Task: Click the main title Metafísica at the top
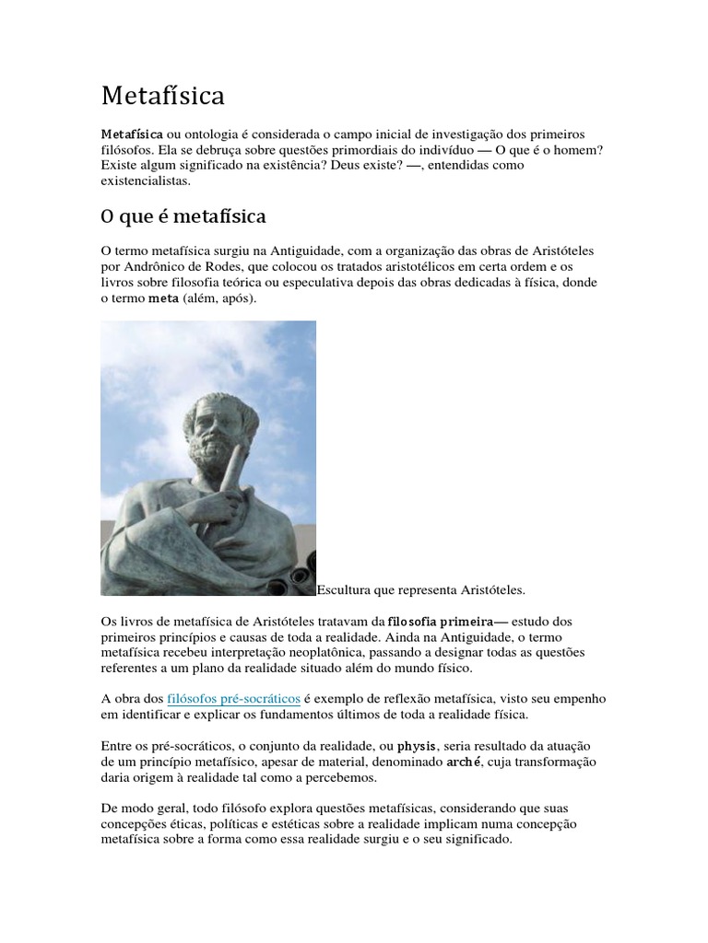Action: pos(162,96)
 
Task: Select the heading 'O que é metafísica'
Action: pos(183,217)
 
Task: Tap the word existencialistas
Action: pos(145,181)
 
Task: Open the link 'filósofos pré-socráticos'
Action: pos(234,700)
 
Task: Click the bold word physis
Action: pos(415,746)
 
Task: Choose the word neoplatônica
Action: pos(293,653)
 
